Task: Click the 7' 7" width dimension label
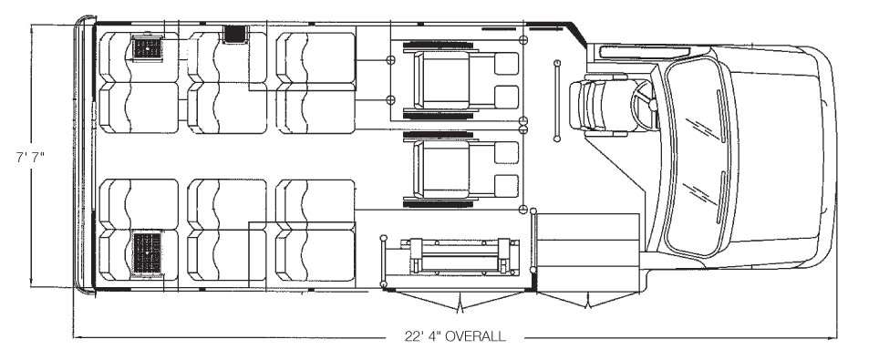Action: (x=30, y=157)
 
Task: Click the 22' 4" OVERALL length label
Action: (x=455, y=336)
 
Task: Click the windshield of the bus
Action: (x=697, y=157)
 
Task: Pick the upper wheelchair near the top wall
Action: (x=460, y=79)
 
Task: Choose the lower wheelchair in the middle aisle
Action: (x=460, y=169)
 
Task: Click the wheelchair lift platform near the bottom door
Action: (x=460, y=257)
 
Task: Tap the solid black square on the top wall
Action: (x=236, y=35)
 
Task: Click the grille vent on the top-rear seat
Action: (x=148, y=48)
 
